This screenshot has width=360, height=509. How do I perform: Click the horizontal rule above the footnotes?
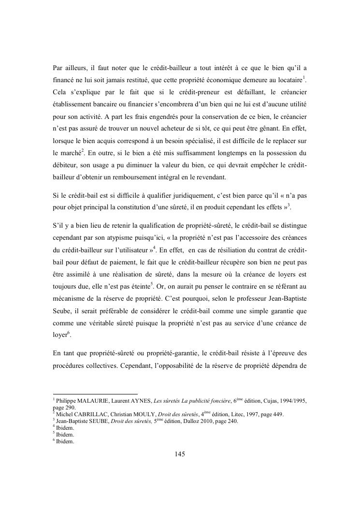point(95,393)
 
